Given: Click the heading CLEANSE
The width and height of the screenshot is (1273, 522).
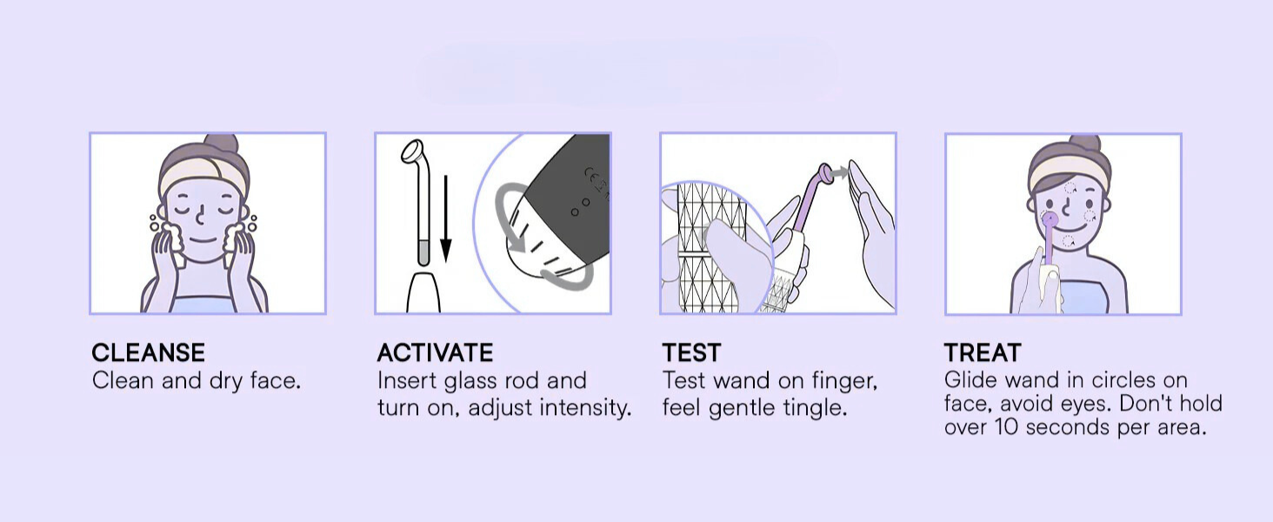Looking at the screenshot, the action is (149, 352).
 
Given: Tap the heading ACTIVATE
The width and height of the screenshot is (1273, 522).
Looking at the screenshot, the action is (436, 352).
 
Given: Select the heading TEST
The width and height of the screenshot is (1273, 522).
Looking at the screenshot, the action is (691, 352).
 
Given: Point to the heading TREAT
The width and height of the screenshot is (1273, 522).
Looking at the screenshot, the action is (983, 352).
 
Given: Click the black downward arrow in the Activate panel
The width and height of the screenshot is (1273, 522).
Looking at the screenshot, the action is (445, 219).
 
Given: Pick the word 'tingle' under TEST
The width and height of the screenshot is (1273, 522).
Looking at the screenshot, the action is (815, 408).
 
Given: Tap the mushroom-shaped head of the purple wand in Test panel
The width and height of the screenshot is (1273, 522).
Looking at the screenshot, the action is (825, 171).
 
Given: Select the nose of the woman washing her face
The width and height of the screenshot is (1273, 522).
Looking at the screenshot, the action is (199, 215).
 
